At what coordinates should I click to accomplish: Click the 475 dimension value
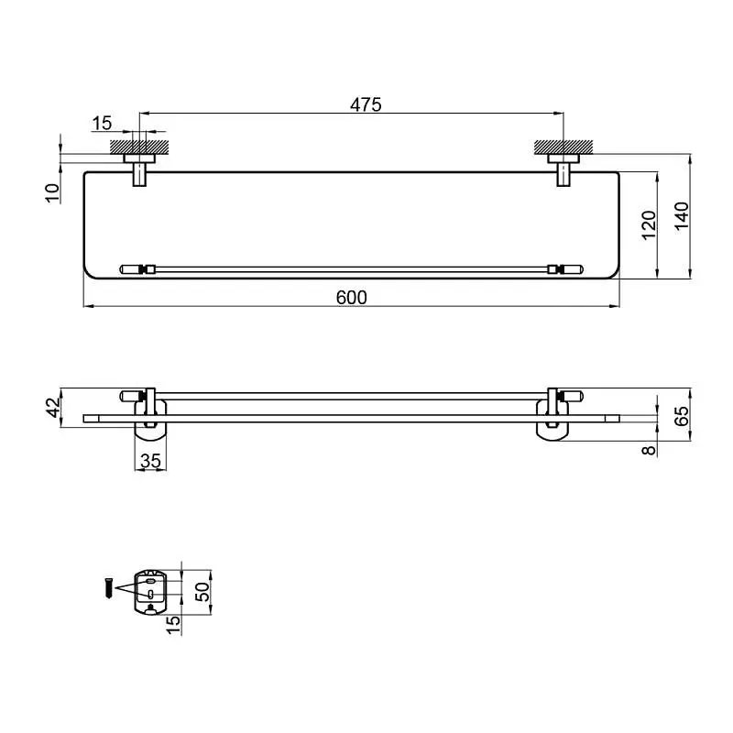point(366,104)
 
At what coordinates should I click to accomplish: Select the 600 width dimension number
point(352,298)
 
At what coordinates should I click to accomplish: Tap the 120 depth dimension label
point(649,225)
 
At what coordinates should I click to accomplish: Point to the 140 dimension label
point(682,215)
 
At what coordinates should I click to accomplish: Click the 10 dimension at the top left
point(53,193)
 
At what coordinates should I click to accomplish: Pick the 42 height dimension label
point(54,407)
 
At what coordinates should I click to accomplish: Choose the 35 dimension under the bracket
point(150,461)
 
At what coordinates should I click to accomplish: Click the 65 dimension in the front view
point(682,416)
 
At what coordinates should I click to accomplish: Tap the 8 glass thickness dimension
point(649,450)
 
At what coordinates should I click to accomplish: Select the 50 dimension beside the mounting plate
point(202,592)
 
